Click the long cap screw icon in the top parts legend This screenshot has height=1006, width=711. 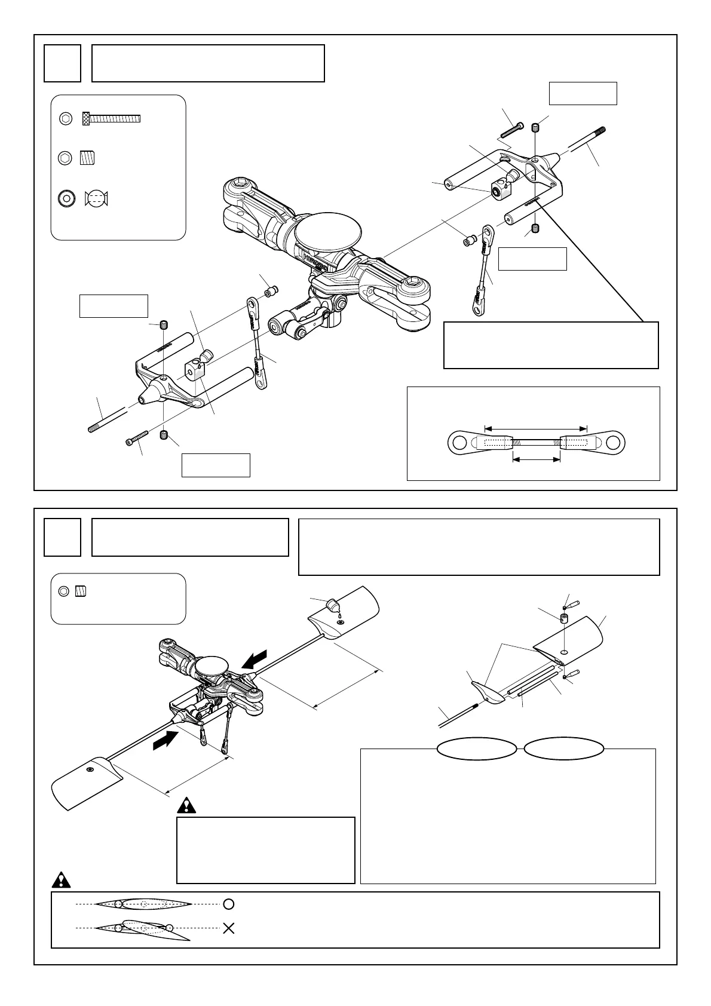click(x=111, y=118)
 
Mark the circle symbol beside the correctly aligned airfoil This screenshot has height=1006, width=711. click(x=228, y=904)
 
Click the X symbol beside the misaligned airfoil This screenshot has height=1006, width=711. click(x=228, y=928)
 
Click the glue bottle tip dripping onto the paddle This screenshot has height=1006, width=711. click(x=335, y=608)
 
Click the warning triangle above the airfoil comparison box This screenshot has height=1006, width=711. click(x=62, y=880)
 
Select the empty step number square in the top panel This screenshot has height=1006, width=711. click(x=62, y=63)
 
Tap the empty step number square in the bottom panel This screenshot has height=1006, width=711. click(x=62, y=537)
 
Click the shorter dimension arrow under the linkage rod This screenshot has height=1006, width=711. click(x=537, y=459)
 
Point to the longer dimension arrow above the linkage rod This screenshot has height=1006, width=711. click(x=536, y=428)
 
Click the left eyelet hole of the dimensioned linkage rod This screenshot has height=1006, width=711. click(x=459, y=443)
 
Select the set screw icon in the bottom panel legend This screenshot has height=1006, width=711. click(x=82, y=591)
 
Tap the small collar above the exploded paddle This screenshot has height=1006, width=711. click(x=563, y=617)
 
